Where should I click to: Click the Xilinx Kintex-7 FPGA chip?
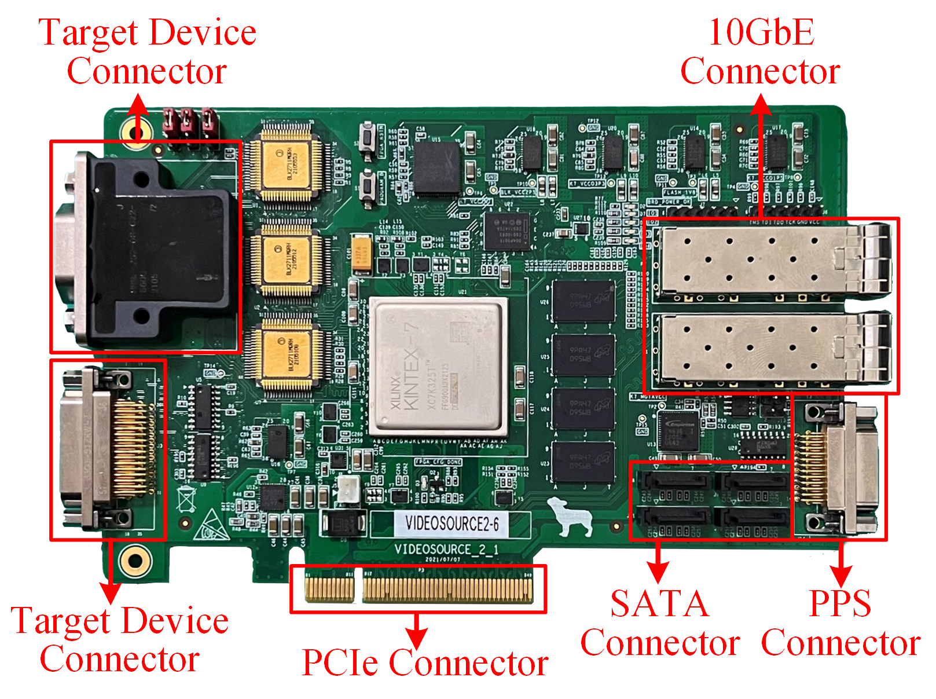click(439, 367)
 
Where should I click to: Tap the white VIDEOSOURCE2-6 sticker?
click(452, 524)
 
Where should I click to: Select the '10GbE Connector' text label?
click(760, 52)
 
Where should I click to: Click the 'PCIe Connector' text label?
click(425, 663)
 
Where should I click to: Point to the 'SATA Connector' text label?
click(660, 623)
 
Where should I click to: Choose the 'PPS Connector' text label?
click(840, 623)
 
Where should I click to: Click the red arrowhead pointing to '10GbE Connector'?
click(761, 104)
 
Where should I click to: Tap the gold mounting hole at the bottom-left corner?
click(135, 561)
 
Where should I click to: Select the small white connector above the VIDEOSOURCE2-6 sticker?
click(348, 489)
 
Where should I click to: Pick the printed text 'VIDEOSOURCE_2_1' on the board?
click(446, 549)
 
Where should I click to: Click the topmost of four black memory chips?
click(583, 301)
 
